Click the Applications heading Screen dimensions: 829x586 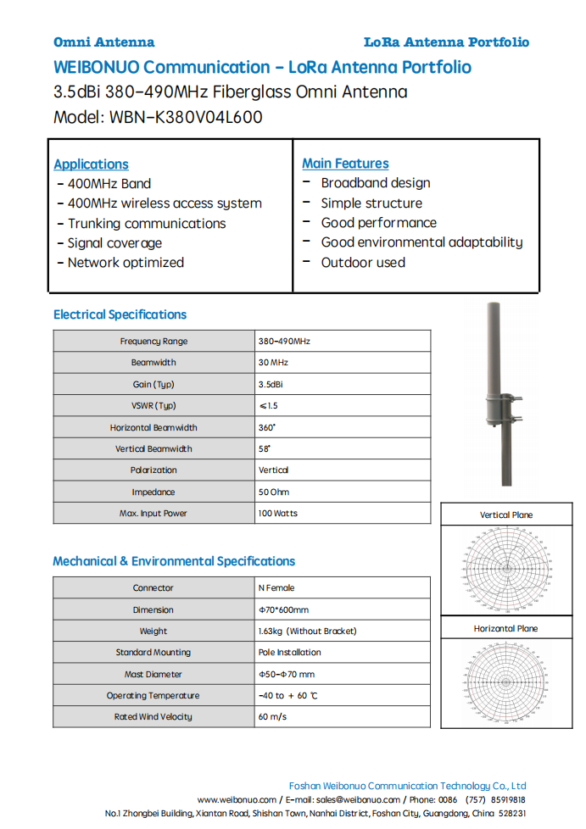91,164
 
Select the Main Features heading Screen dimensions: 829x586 345,164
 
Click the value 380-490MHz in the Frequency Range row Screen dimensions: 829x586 284,341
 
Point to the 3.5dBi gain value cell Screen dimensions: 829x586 271,384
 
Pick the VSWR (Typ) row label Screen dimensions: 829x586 153,406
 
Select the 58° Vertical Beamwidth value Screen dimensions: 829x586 265,448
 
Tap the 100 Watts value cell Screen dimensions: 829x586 278,513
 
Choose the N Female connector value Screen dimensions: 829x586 276,587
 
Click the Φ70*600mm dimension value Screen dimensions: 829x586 283,609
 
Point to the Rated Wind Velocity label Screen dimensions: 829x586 153,717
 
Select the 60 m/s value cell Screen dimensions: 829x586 272,717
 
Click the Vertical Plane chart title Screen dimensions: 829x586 506,515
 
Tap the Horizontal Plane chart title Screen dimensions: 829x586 505,629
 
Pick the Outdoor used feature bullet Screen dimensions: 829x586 362,263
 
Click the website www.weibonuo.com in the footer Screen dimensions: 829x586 237,799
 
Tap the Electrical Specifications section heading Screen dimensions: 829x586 120,314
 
